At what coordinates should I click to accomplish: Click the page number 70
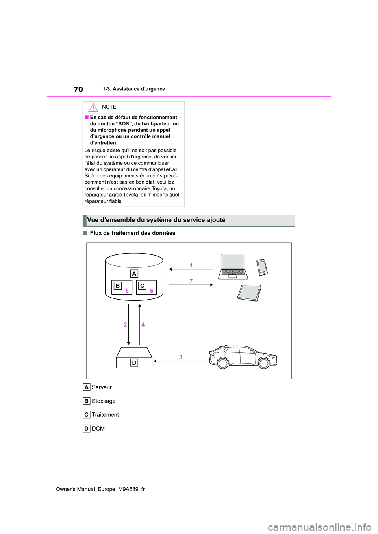click(x=78, y=89)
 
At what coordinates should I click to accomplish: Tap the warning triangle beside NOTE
click(x=93, y=107)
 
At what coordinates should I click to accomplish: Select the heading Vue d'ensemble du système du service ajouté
click(x=156, y=220)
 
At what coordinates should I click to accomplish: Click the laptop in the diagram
click(x=233, y=266)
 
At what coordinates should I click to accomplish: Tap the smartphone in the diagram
click(x=262, y=267)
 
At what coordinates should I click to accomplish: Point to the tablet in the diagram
click(x=249, y=293)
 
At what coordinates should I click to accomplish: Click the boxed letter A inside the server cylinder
click(x=134, y=274)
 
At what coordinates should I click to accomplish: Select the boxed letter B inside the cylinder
click(x=117, y=286)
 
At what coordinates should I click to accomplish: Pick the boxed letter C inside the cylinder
click(x=142, y=286)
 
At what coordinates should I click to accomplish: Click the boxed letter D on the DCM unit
click(x=134, y=363)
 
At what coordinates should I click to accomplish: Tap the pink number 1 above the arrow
click(x=191, y=265)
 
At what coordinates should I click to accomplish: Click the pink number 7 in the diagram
click(x=191, y=281)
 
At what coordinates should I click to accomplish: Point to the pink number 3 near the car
click(x=181, y=357)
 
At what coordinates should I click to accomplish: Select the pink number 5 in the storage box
click(x=127, y=291)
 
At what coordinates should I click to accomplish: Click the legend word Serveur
click(x=102, y=387)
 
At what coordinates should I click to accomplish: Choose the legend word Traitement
click(x=105, y=415)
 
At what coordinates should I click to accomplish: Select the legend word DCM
click(x=98, y=429)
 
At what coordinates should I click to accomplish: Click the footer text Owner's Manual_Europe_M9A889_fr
click(x=100, y=489)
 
